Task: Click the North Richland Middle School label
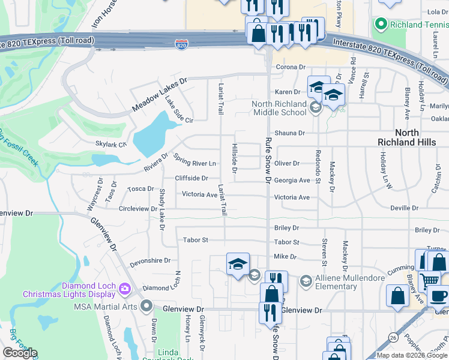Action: click(279, 108)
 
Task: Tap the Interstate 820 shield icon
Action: click(181, 44)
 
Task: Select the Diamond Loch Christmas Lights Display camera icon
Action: click(125, 289)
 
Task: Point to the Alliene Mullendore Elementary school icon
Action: click(306, 281)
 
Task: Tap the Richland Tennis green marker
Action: click(380, 25)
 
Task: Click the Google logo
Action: click(20, 353)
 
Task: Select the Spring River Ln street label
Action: click(194, 161)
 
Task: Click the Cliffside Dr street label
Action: click(191, 178)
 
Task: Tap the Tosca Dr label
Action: click(142, 188)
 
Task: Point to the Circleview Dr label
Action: click(137, 209)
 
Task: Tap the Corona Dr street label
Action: click(291, 68)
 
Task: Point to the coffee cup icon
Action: click(439, 297)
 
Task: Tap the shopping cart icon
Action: click(429, 280)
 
